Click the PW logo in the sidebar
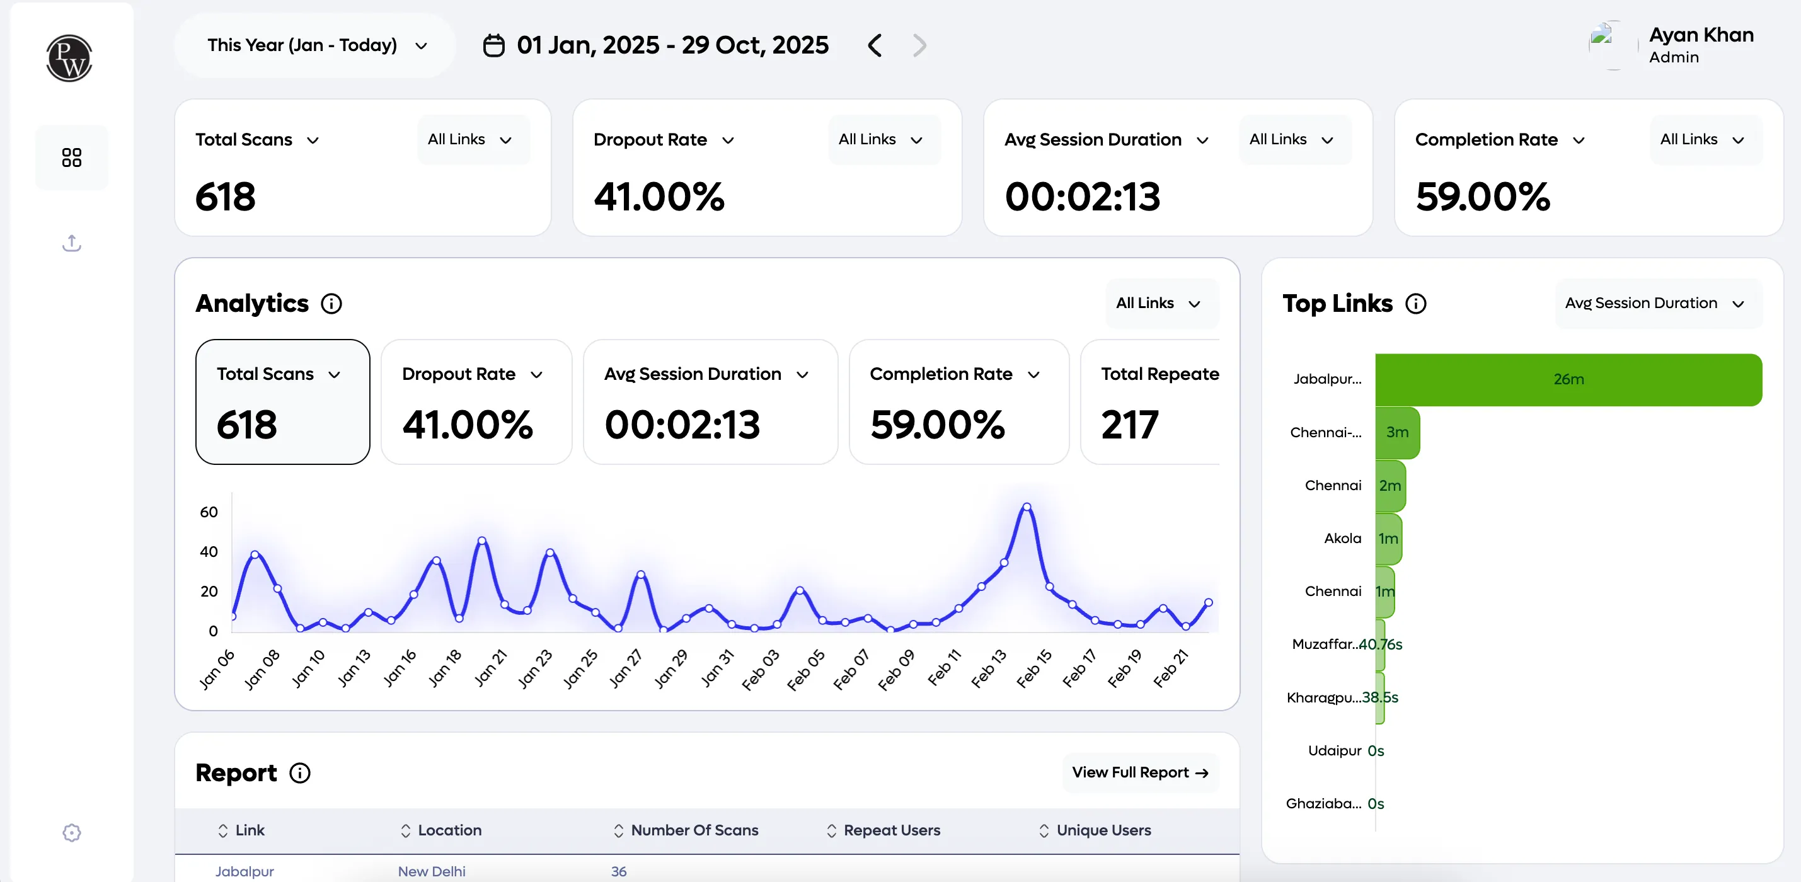[x=69, y=59]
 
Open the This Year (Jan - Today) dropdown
[x=316, y=45]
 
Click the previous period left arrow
[x=875, y=45]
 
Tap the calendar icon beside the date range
[x=493, y=45]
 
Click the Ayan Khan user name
[x=1700, y=35]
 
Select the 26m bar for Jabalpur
[x=1568, y=379]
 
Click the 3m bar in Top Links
[x=1397, y=433]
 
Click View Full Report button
[x=1139, y=772]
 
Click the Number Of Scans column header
[x=694, y=830]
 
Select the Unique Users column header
[x=1103, y=830]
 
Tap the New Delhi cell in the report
[x=432, y=871]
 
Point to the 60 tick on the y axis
[x=209, y=512]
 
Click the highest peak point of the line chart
[x=1027, y=506]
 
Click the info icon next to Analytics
[x=331, y=304]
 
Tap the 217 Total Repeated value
[x=1130, y=425]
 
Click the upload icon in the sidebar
[x=71, y=243]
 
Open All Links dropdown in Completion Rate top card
[x=1701, y=140]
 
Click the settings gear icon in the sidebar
[x=71, y=832]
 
